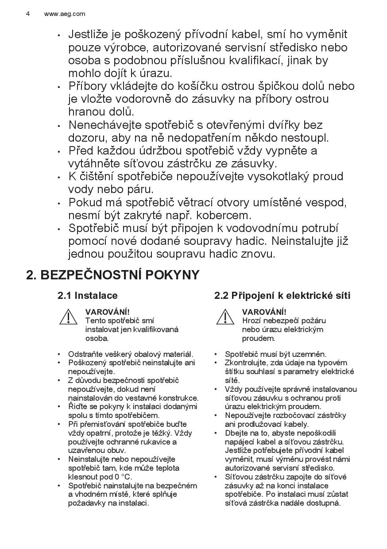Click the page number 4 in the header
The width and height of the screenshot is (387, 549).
pos(28,14)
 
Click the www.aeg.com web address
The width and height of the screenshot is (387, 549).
pos(65,14)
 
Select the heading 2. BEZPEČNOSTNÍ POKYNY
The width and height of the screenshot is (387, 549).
pos(113,275)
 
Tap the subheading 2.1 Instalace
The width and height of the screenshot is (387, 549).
pos(88,295)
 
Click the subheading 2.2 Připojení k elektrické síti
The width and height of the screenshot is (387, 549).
pos(282,295)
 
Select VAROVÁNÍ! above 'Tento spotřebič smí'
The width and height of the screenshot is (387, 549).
pos(107,312)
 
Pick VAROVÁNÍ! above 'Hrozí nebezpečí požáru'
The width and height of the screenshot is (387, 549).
pos(264,312)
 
